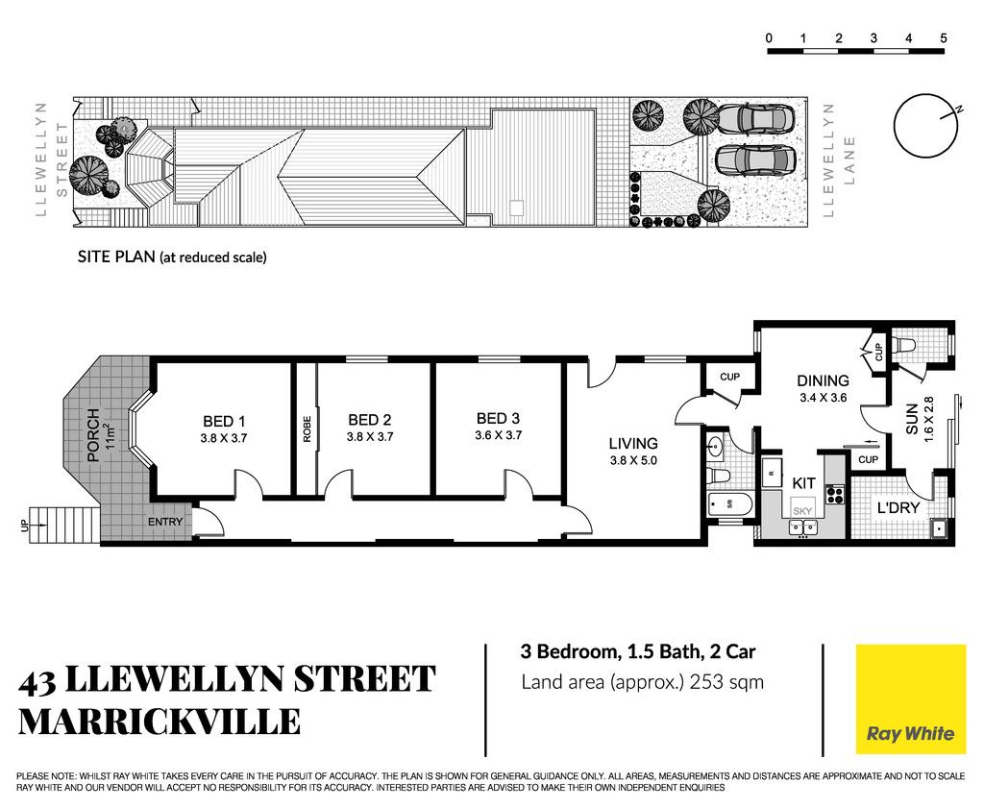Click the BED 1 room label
click(x=224, y=422)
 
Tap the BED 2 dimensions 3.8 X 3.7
click(x=370, y=436)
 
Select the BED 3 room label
click(x=499, y=419)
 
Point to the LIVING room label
click(x=633, y=444)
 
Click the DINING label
click(x=823, y=380)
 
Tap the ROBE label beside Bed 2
click(x=307, y=429)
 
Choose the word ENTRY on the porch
click(x=165, y=522)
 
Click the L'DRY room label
click(x=898, y=508)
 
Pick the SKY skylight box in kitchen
click(x=802, y=511)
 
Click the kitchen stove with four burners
click(x=835, y=495)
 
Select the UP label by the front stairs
click(x=24, y=526)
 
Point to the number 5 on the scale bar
click(x=944, y=38)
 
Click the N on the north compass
click(x=958, y=110)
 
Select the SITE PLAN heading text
click(x=116, y=257)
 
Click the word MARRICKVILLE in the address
click(x=160, y=722)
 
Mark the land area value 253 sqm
click(x=726, y=682)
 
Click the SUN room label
click(x=912, y=419)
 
